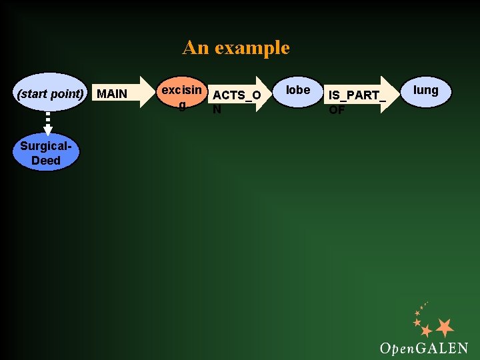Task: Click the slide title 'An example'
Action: click(236, 48)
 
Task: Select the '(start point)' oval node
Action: click(51, 93)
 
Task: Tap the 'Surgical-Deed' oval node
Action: click(46, 154)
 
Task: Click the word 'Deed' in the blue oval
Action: click(46, 161)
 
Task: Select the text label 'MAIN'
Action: click(112, 93)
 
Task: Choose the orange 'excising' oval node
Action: click(181, 94)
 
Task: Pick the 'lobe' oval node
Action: click(298, 91)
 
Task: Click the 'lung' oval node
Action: click(426, 91)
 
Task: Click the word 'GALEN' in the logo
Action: click(441, 348)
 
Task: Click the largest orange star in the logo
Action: click(444, 327)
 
